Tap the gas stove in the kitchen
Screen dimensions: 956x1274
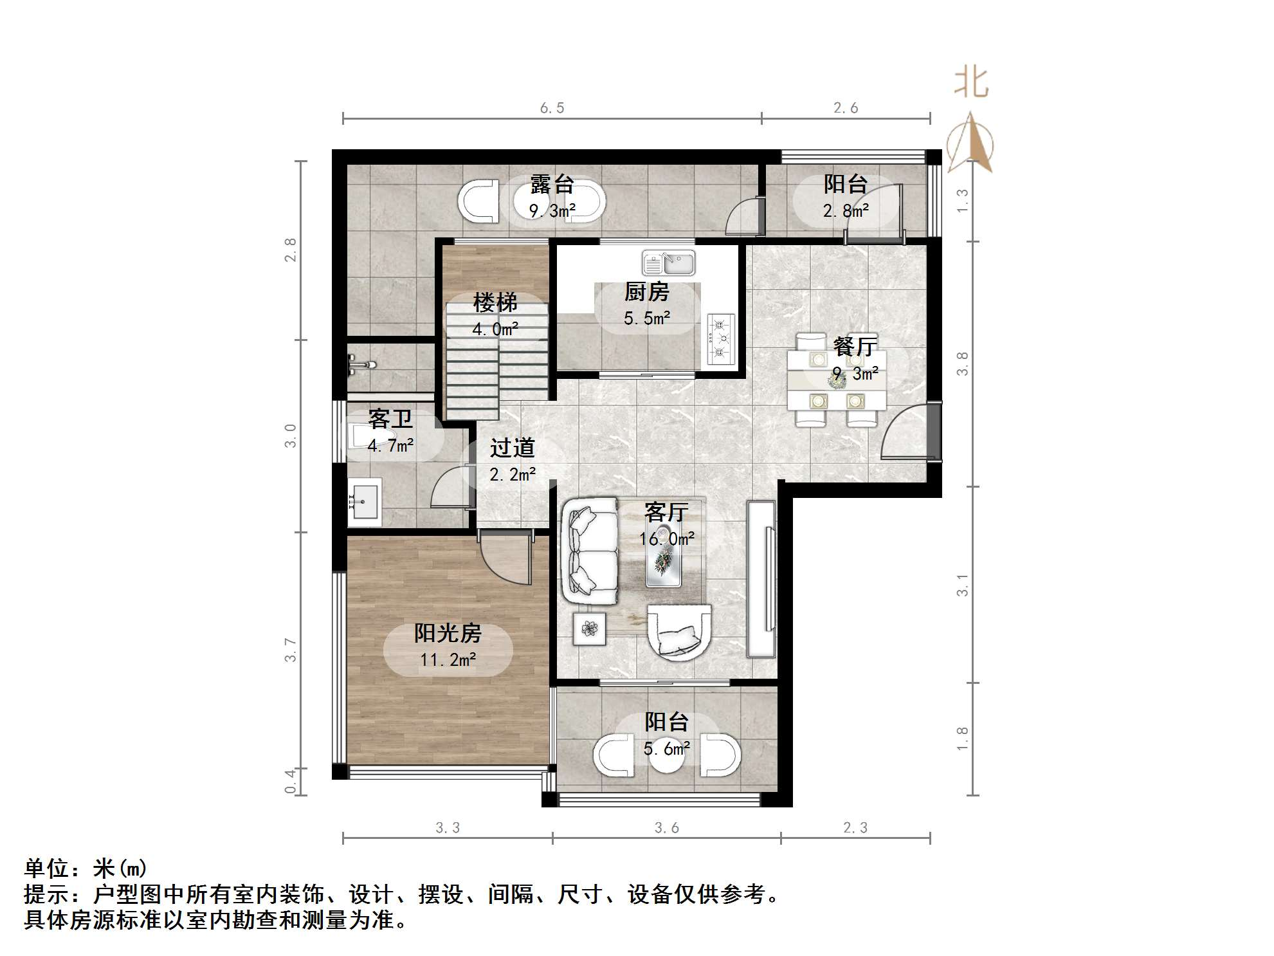[x=721, y=338]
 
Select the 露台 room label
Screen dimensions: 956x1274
[x=552, y=185]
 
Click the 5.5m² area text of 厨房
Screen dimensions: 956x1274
[x=647, y=318]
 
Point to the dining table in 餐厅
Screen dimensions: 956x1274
[x=837, y=380]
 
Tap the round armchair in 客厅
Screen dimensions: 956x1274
[x=679, y=632]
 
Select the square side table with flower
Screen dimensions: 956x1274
[x=590, y=628]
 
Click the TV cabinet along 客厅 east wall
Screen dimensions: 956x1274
[x=761, y=579]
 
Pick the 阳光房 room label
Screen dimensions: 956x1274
[x=448, y=634]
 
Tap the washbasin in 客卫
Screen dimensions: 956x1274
[x=365, y=501]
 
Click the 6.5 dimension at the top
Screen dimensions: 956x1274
[x=552, y=108]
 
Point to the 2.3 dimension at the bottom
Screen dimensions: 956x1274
[x=855, y=828]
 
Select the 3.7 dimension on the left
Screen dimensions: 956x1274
[x=291, y=650]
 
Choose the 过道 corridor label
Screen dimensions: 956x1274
[x=512, y=447]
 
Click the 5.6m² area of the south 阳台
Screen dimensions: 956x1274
[x=667, y=748]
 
